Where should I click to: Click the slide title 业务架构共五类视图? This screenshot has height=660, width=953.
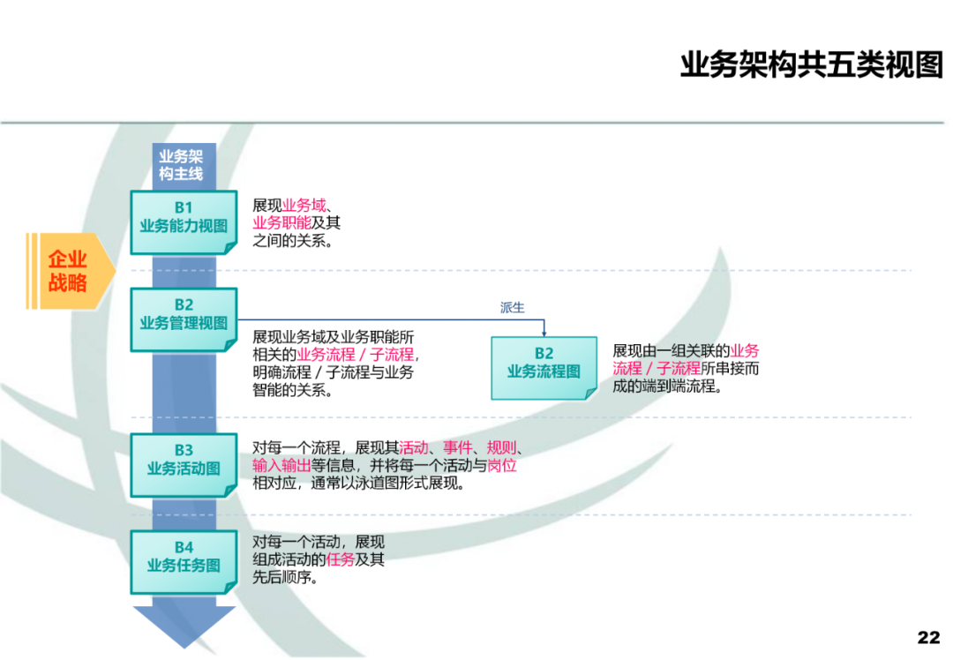click(811, 65)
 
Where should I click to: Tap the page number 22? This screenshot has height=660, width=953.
click(928, 637)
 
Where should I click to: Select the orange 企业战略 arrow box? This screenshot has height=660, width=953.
click(71, 271)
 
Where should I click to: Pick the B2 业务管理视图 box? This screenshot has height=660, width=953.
click(184, 315)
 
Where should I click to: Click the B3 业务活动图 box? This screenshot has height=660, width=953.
click(184, 460)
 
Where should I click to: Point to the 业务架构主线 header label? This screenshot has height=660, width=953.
click(181, 165)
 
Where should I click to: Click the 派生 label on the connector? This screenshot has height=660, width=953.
click(512, 308)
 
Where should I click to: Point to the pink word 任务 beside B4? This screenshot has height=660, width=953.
click(341, 560)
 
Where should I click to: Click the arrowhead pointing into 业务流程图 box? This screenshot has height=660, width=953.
click(544, 333)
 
